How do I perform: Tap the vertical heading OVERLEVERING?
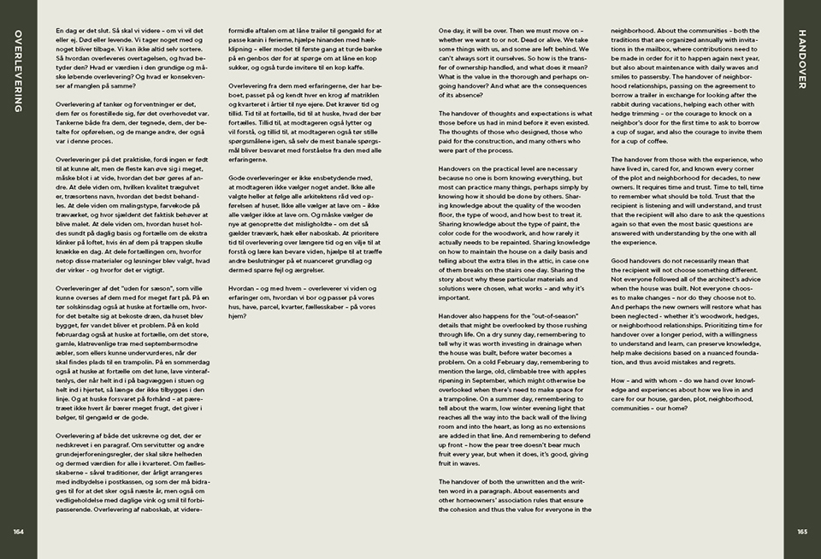click(x=18, y=73)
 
